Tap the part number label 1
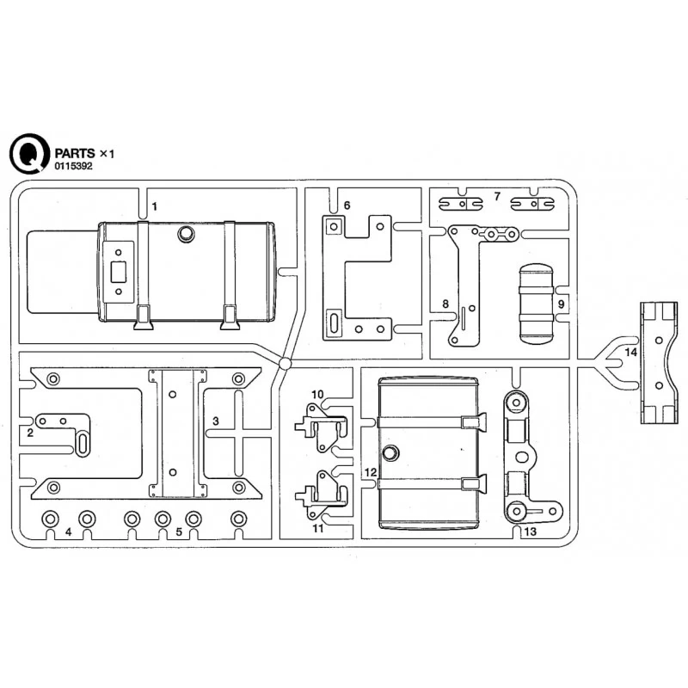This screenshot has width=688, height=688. click(155, 206)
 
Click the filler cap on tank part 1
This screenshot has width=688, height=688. click(186, 234)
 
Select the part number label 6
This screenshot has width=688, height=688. click(347, 206)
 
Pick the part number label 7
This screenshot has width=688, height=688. click(497, 197)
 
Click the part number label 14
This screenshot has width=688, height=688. click(631, 353)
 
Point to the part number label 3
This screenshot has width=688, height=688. click(216, 420)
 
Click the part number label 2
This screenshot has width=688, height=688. click(29, 432)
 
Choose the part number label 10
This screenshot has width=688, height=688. click(317, 395)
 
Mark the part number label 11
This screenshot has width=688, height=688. click(317, 528)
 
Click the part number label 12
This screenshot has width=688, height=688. click(370, 472)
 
